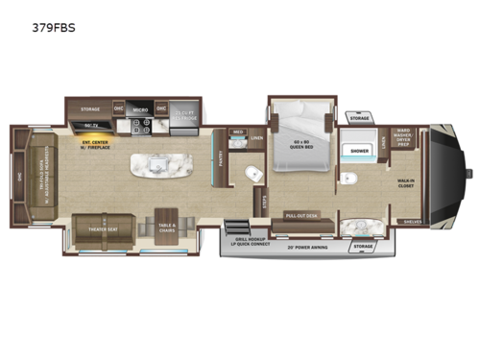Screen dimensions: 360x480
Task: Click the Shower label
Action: [359, 150]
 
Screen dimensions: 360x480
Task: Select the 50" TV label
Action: [92, 126]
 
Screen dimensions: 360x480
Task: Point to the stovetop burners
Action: [141, 126]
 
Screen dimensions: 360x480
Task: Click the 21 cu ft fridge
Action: [185, 114]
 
